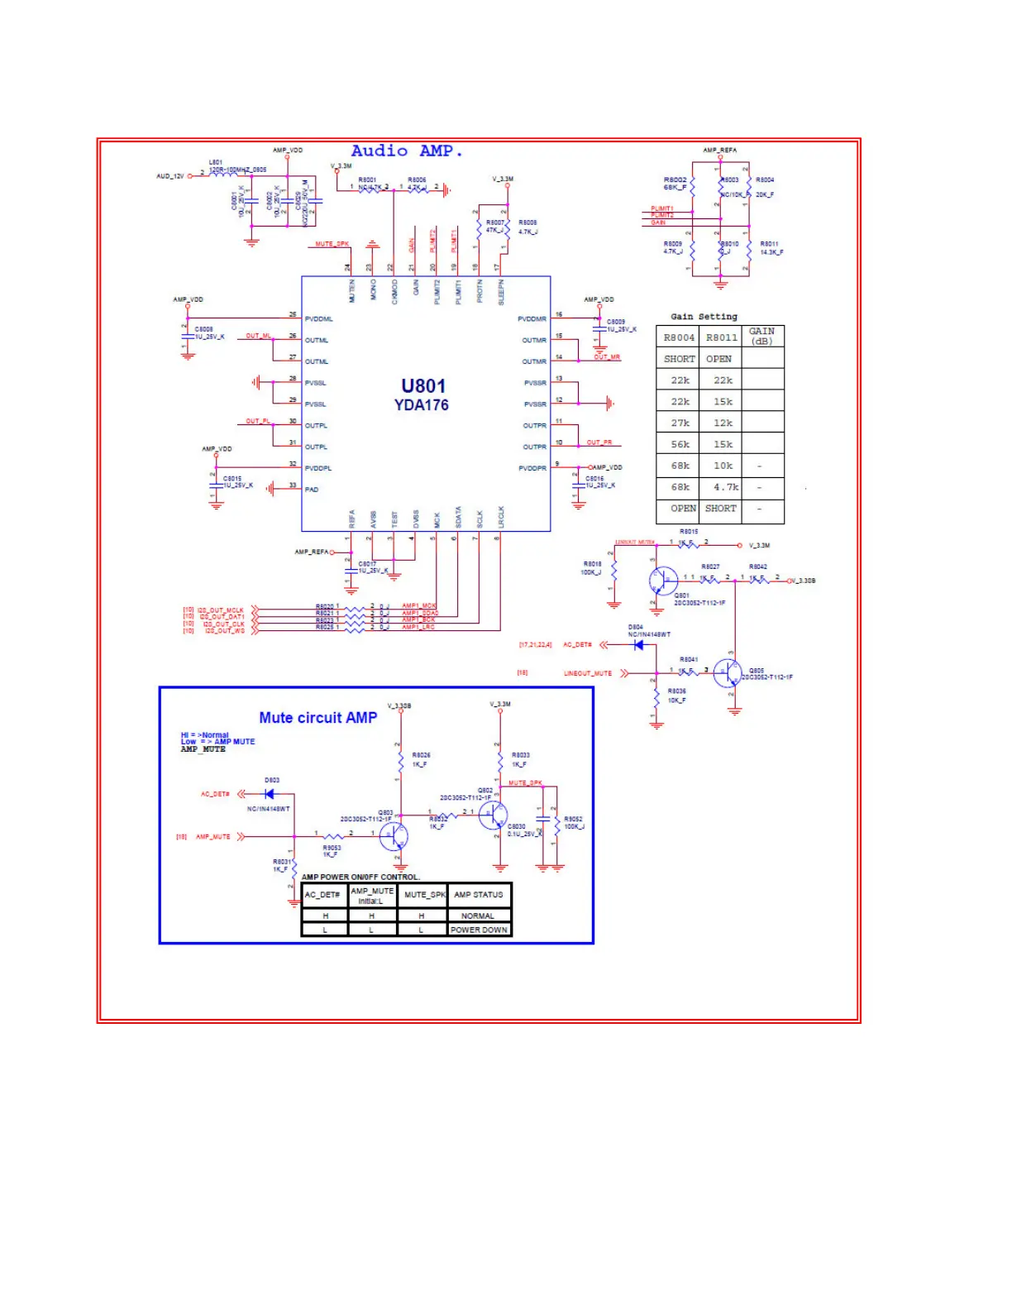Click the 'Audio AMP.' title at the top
[407, 151]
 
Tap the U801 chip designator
[423, 386]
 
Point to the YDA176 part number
[422, 405]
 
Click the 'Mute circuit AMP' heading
[317, 718]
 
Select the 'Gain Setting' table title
[704, 317]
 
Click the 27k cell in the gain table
[680, 423]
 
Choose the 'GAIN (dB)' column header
[761, 336]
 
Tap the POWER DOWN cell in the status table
[479, 930]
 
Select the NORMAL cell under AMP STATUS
[478, 916]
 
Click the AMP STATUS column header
[478, 895]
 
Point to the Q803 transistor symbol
[394, 836]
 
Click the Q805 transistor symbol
[727, 672]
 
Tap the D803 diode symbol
[270, 794]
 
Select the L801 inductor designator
[216, 162]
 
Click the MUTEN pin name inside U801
[352, 290]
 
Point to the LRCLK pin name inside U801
[501, 518]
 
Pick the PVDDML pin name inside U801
[318, 319]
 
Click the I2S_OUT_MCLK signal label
[221, 610]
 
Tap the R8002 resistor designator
[675, 179]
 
